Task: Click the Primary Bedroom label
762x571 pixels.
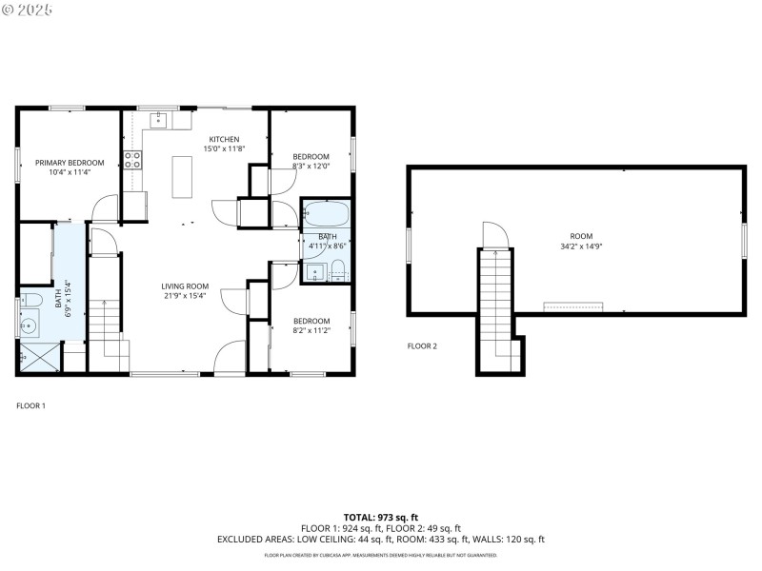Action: click(70, 163)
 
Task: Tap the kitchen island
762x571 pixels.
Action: click(182, 176)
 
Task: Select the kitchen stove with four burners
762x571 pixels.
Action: click(132, 160)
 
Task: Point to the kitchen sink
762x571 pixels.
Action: click(158, 120)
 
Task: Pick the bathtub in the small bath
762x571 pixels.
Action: click(328, 212)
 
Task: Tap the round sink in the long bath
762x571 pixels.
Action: click(30, 325)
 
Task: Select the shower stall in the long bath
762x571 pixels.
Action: click(38, 358)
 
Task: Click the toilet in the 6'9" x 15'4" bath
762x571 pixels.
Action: click(30, 301)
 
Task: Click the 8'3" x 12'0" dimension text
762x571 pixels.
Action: click(311, 167)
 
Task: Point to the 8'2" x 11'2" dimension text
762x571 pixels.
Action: click(311, 330)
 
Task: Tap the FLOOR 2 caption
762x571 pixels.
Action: click(422, 345)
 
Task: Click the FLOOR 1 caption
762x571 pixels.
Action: click(30, 405)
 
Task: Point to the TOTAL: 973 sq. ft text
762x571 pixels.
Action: click(380, 517)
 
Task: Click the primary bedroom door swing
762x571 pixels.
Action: click(105, 207)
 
